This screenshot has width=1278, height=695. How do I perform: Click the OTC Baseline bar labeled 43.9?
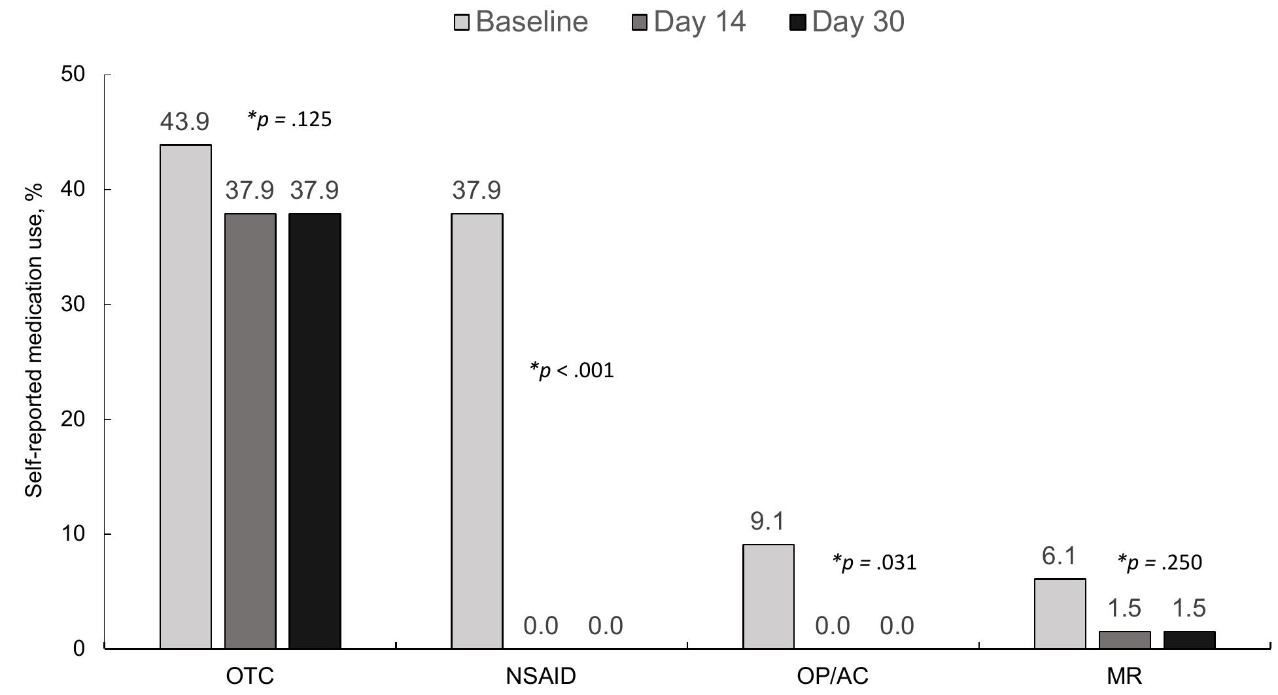[x=186, y=396]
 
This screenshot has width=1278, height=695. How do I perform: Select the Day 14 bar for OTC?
[x=250, y=431]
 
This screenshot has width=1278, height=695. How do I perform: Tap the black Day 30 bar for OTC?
[x=315, y=431]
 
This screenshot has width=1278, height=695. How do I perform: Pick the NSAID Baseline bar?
[x=477, y=431]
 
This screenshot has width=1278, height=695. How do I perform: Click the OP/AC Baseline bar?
[x=769, y=596]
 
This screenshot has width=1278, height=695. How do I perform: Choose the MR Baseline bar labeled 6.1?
[x=1060, y=613]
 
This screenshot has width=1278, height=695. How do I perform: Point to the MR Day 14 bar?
[x=1124, y=640]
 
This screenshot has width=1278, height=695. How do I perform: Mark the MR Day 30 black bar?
[x=1189, y=640]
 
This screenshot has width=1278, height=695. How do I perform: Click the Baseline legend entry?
[x=521, y=22]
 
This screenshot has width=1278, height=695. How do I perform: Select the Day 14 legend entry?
[x=689, y=22]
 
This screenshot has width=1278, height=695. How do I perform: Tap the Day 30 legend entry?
[x=847, y=22]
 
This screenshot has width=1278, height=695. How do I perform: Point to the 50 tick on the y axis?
[x=73, y=74]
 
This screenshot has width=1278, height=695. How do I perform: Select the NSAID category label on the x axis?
[x=541, y=676]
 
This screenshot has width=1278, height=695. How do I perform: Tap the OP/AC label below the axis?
[x=832, y=676]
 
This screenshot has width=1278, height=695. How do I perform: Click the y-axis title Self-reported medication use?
[x=34, y=340]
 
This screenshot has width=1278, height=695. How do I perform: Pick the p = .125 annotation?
[x=289, y=119]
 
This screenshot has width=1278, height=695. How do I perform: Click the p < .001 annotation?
[x=572, y=371]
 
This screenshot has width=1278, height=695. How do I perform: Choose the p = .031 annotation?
[x=874, y=562]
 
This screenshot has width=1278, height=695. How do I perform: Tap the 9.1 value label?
[x=767, y=522]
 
